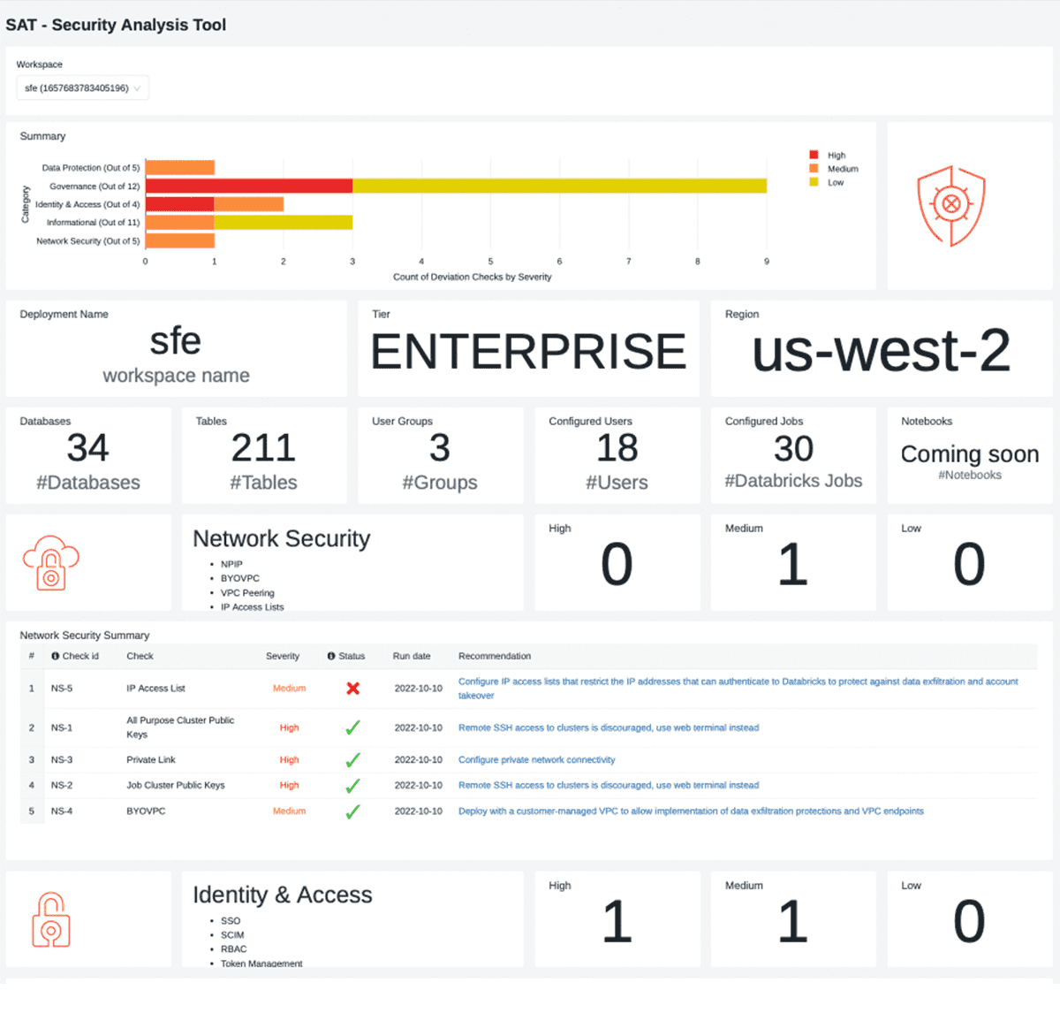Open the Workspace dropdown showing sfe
tap(82, 88)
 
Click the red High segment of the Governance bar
tap(248, 186)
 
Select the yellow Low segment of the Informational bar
tap(283, 222)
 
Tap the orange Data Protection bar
tap(180, 168)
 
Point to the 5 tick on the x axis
tap(490, 262)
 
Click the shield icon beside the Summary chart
tap(950, 206)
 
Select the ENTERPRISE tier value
tap(528, 352)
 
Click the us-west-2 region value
tap(881, 351)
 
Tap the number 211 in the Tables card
tap(263, 449)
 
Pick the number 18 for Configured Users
tap(617, 449)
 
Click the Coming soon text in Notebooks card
tap(969, 454)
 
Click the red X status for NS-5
tap(352, 688)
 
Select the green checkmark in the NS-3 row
tap(352, 760)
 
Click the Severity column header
tap(283, 656)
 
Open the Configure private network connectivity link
tap(536, 760)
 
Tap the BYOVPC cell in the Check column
tap(146, 811)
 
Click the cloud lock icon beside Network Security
tap(51, 562)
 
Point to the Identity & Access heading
tap(283, 895)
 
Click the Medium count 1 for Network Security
tap(792, 565)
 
